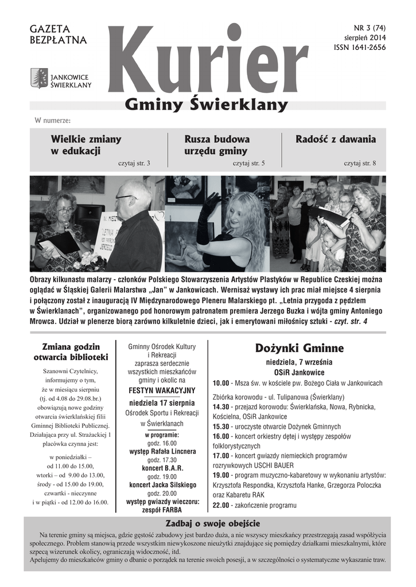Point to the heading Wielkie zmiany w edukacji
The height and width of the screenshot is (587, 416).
point(86,145)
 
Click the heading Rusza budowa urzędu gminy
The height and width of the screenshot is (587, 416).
point(217,145)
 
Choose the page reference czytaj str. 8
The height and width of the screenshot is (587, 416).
point(360,163)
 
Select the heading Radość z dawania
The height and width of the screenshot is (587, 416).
point(336,139)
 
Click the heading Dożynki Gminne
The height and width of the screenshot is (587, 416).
point(299,348)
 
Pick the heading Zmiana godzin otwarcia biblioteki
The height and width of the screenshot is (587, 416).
point(71,352)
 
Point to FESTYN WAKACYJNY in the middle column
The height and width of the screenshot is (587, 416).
point(162,390)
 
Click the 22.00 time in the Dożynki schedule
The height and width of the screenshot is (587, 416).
point(221,506)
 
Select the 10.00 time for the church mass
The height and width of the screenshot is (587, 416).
point(221,383)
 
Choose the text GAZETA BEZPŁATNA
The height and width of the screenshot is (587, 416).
point(58,34)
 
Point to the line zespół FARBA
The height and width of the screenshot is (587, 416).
point(162,510)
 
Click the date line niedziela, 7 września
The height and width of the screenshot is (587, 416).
point(299,362)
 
